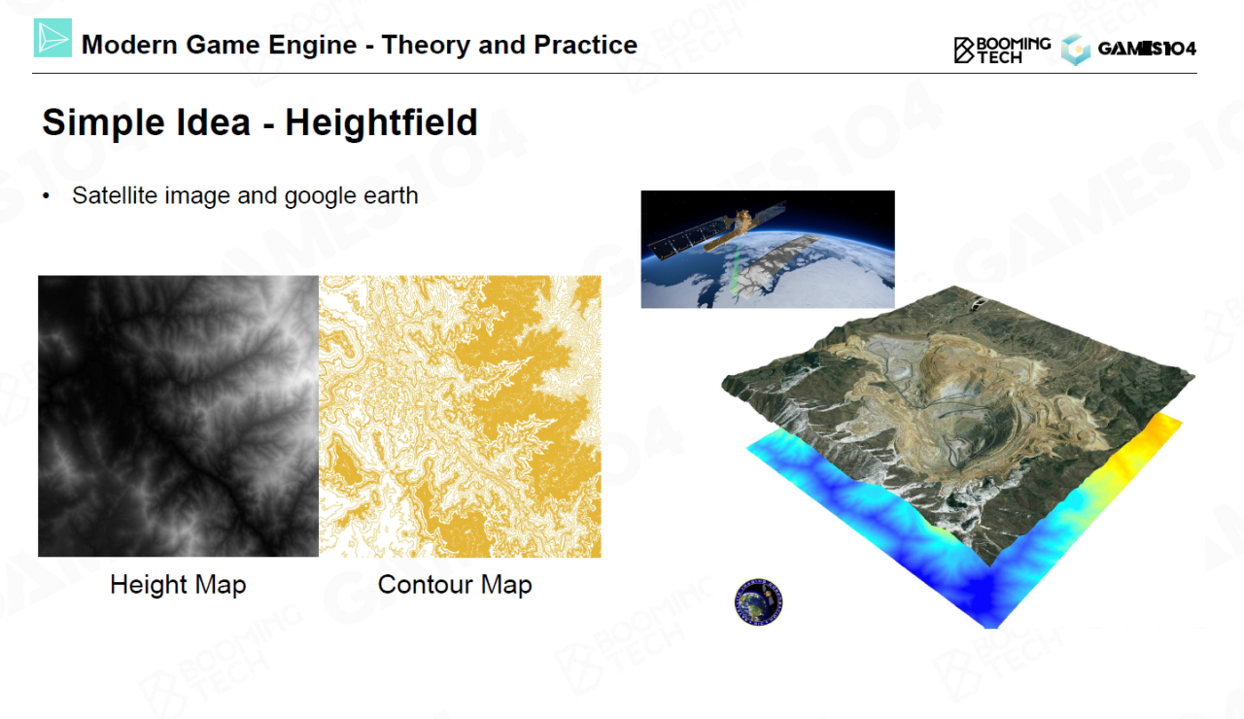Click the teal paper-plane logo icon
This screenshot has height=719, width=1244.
(x=52, y=38)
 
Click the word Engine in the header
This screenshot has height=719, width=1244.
(x=312, y=46)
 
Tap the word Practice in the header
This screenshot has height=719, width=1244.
(x=585, y=45)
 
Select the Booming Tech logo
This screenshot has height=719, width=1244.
(x=1002, y=51)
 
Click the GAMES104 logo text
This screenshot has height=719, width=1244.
(x=1147, y=50)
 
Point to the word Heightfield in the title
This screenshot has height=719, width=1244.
(x=381, y=122)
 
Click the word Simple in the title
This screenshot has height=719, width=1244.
(x=103, y=123)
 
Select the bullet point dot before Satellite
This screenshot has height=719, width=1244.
(x=46, y=195)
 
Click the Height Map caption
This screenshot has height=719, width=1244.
(x=178, y=585)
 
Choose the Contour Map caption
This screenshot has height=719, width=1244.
(x=455, y=585)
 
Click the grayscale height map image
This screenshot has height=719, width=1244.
(x=178, y=416)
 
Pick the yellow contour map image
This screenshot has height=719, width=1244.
(x=460, y=416)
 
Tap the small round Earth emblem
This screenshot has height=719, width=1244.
(x=759, y=601)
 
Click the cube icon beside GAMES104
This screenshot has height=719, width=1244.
(x=1076, y=50)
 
